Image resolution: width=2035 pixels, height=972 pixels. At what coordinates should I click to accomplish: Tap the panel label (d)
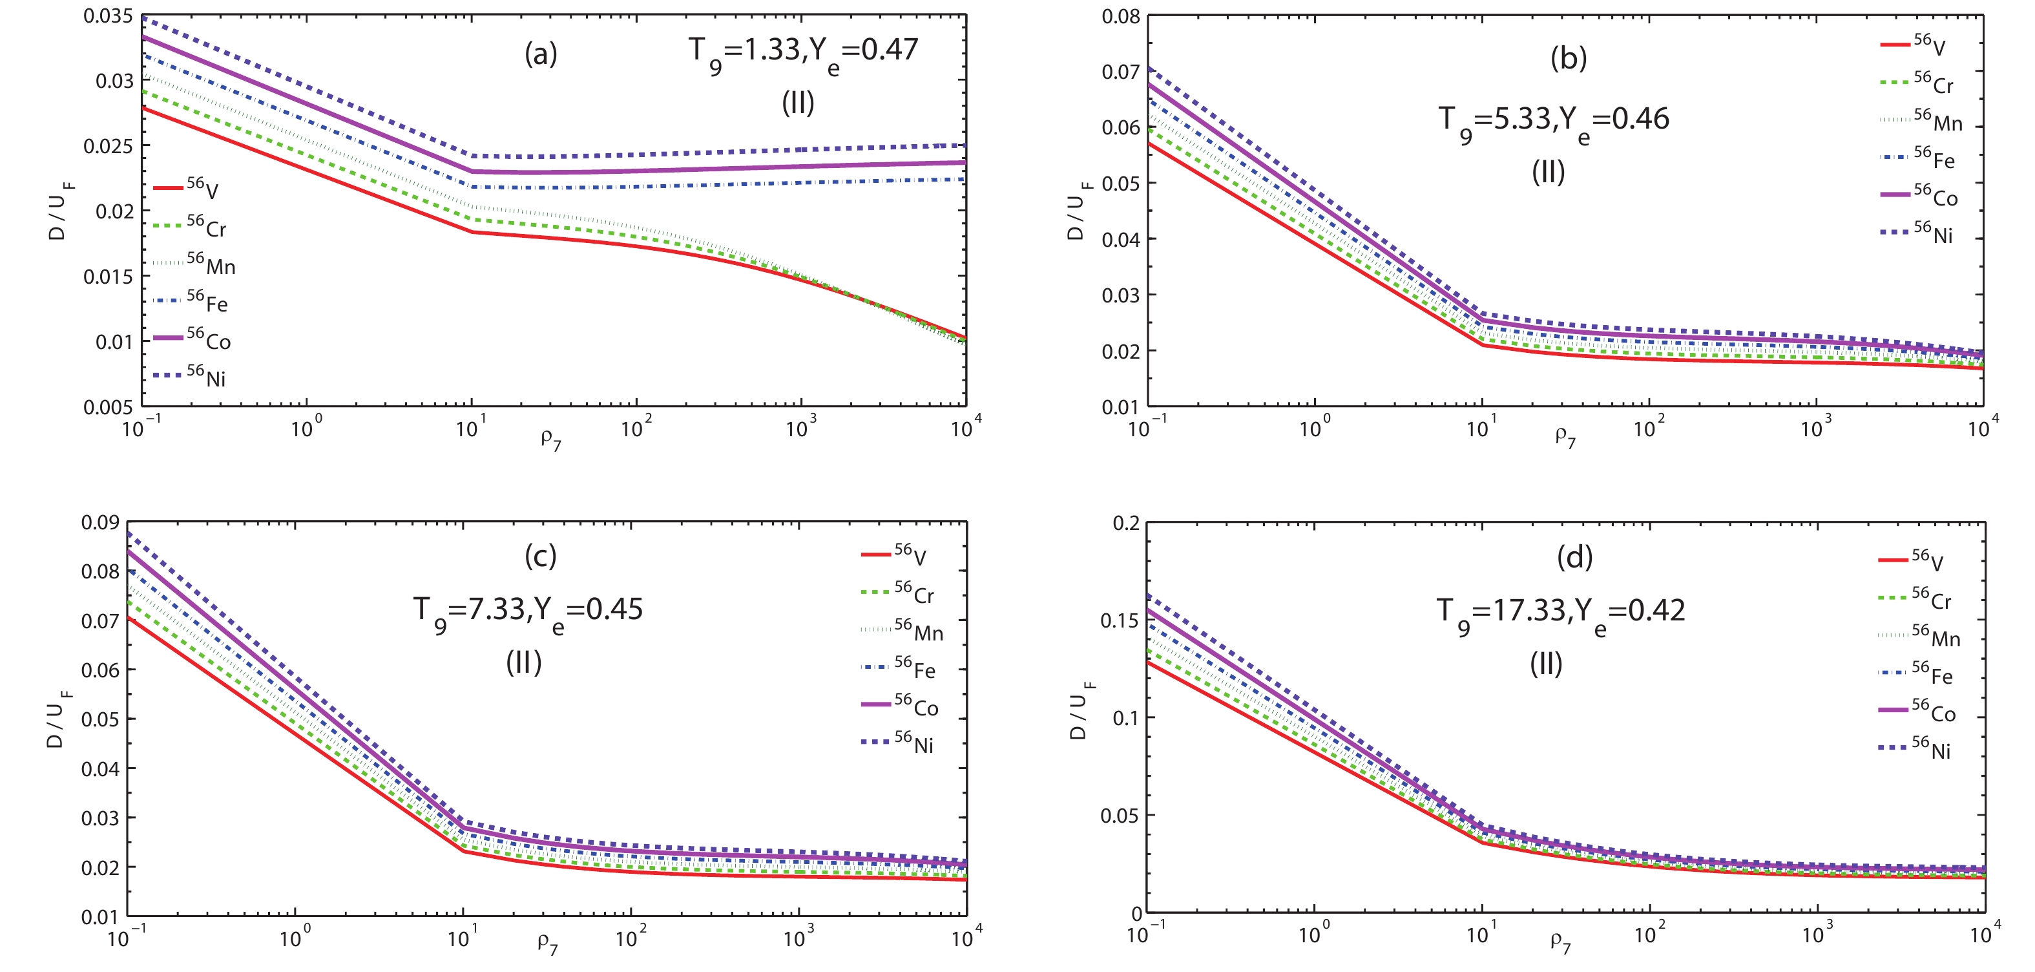tap(1574, 558)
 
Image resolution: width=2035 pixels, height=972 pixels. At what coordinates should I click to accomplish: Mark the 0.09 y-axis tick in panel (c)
tap(99, 523)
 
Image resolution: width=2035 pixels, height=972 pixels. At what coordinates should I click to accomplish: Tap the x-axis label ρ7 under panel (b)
tap(1565, 437)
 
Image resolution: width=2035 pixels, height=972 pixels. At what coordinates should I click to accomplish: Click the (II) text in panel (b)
tap(1548, 173)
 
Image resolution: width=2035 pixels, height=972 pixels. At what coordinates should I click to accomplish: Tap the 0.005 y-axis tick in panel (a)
tap(109, 407)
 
